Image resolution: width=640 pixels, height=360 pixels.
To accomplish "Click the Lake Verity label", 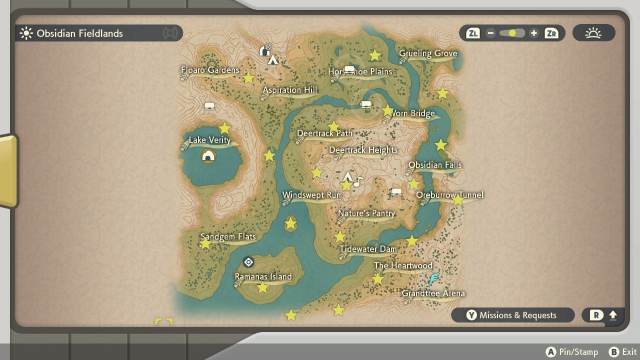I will (209, 140).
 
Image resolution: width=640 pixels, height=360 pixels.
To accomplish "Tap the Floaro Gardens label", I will (210, 70).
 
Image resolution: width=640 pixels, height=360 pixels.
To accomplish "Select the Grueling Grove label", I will (428, 53).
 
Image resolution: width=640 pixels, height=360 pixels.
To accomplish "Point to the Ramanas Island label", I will (263, 276).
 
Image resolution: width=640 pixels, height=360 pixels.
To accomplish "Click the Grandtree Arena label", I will (433, 293).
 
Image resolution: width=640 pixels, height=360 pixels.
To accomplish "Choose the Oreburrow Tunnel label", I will (449, 195).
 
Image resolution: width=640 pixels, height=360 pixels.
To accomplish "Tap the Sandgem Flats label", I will (228, 236).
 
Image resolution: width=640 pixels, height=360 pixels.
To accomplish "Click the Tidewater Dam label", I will (368, 249).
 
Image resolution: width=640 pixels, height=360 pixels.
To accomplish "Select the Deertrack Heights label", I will (363, 150).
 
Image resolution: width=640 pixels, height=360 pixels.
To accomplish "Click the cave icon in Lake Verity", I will (208, 156).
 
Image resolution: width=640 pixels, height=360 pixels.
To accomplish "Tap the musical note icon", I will (358, 182).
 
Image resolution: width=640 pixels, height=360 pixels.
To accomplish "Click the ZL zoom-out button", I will (472, 33).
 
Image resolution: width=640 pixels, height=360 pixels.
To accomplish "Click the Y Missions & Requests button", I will (512, 315).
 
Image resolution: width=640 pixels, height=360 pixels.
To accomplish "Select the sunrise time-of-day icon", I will (593, 33).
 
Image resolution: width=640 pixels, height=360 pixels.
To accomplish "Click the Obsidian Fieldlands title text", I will (79, 33).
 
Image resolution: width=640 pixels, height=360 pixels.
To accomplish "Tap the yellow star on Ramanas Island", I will (262, 287).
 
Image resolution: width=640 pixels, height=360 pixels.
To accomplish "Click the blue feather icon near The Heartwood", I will (434, 278).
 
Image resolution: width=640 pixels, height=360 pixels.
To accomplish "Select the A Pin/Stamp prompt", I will (572, 352).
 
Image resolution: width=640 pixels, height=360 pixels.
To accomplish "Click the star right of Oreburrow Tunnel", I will (458, 200).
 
